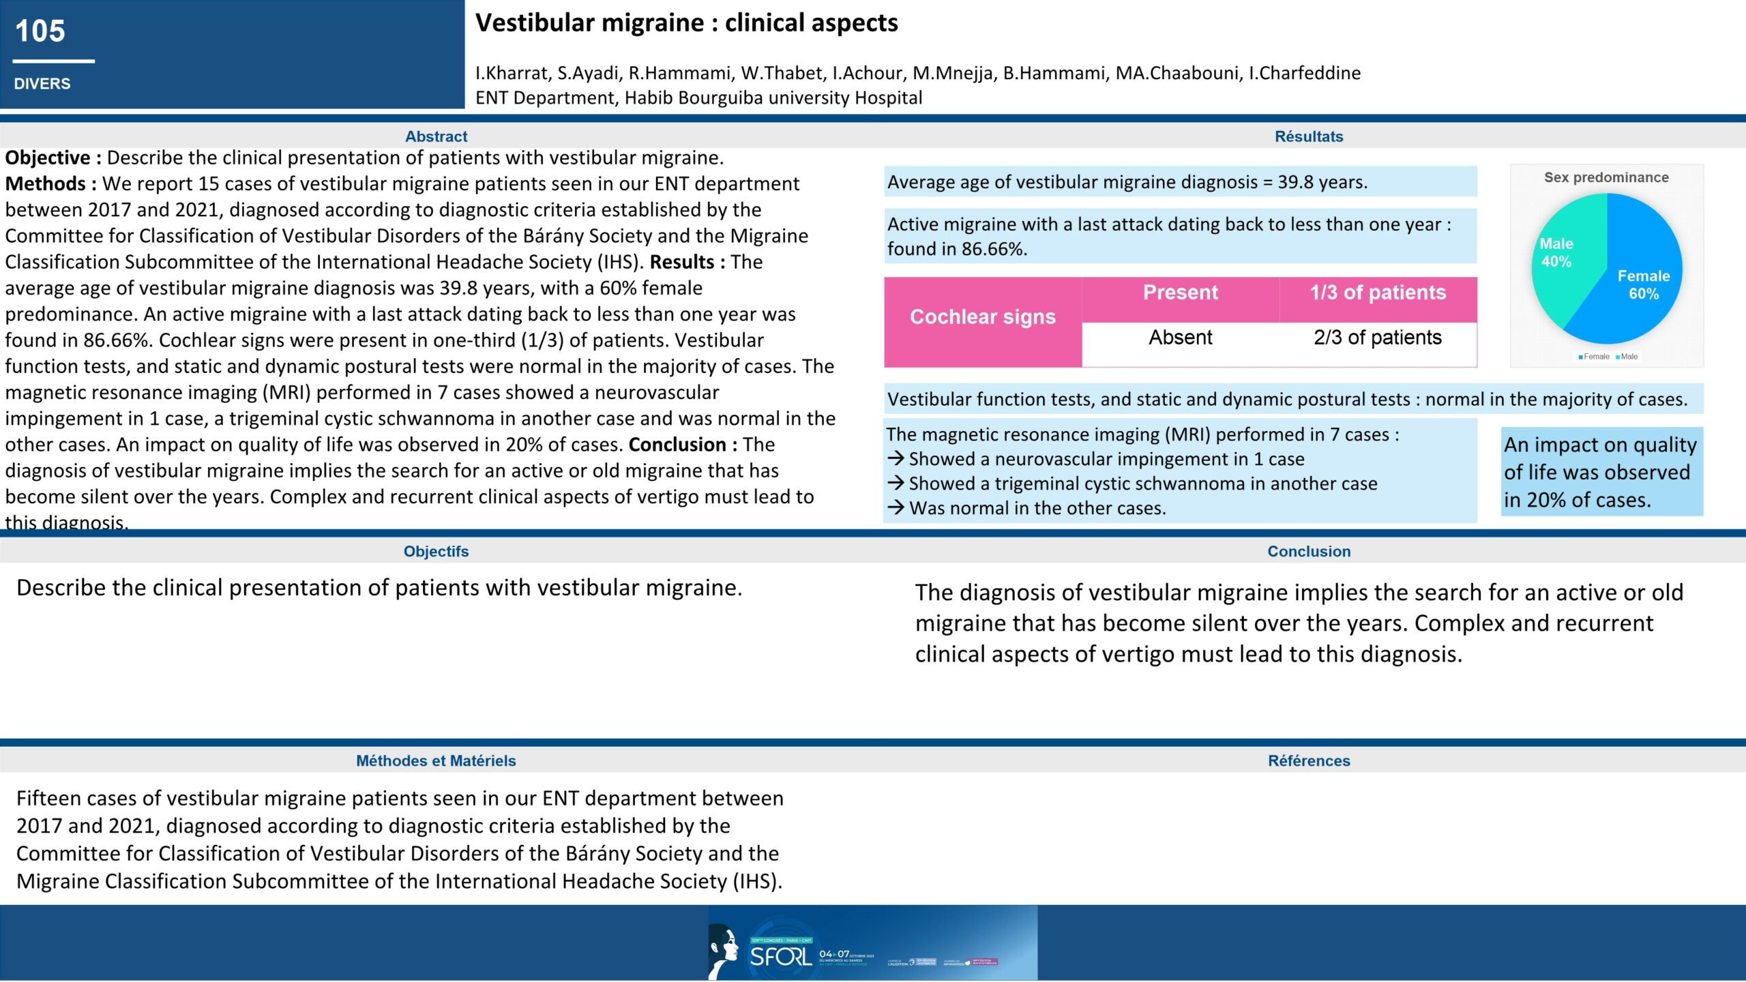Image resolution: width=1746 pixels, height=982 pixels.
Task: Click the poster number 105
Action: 40,31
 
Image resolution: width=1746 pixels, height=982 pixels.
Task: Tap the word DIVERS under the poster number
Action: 42,84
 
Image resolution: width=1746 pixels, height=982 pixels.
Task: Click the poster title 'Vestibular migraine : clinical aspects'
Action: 686,23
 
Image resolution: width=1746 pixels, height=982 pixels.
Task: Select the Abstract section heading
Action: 436,136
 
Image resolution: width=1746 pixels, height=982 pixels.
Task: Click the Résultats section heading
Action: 1308,136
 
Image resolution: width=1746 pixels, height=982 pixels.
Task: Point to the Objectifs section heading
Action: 436,551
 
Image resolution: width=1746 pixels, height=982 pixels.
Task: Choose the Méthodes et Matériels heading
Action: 436,760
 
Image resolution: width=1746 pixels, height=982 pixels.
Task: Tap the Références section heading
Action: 1308,760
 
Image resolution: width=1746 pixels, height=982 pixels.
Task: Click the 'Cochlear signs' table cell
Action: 982,317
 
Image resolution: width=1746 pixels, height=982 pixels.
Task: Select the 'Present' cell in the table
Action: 1180,293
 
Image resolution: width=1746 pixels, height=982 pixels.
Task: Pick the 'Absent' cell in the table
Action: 1180,338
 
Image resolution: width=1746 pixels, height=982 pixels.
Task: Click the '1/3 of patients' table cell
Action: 1378,293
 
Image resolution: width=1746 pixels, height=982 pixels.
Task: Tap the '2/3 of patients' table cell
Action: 1378,338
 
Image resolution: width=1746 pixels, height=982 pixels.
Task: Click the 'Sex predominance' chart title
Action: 1606,177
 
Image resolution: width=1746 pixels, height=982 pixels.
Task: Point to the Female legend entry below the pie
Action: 1594,357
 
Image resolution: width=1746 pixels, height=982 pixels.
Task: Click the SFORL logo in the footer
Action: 780,956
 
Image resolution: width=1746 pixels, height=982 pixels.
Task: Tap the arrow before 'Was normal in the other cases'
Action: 896,507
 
